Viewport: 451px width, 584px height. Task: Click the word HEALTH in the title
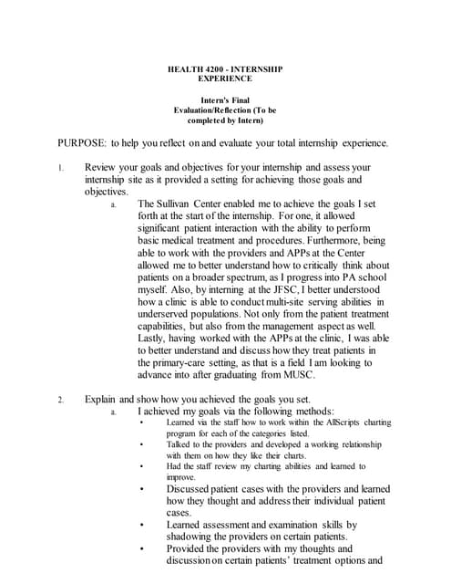(x=184, y=68)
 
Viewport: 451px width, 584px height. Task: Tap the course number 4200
(x=216, y=68)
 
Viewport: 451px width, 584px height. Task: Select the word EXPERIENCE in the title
(x=225, y=79)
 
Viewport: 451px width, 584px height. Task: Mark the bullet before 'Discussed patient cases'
(x=141, y=489)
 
